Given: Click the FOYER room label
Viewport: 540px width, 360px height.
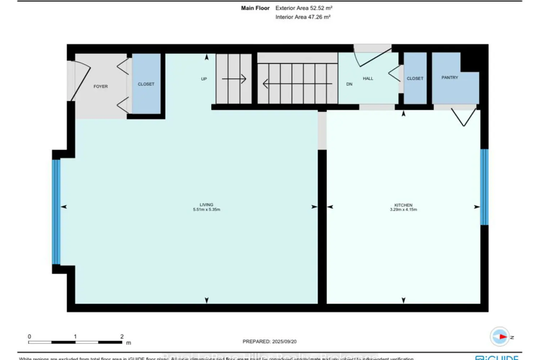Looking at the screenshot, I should pyautogui.click(x=100, y=86).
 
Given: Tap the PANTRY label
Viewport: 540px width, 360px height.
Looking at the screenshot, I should pyautogui.click(x=450, y=77).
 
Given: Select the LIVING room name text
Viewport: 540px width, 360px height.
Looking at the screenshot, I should pyautogui.click(x=206, y=204).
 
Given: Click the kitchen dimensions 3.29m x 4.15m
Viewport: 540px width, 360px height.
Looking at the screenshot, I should pyautogui.click(x=403, y=210).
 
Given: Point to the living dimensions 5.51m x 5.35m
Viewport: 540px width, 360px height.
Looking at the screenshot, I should pyautogui.click(x=206, y=210).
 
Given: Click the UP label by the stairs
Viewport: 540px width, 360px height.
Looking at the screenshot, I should pyautogui.click(x=204, y=79).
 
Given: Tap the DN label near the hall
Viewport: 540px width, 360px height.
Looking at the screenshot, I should pyautogui.click(x=349, y=84).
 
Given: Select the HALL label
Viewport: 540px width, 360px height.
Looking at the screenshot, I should pyautogui.click(x=368, y=78).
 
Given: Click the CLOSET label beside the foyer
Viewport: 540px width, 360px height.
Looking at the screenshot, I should pyautogui.click(x=146, y=84).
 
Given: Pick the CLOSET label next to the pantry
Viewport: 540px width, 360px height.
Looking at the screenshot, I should pyautogui.click(x=415, y=78).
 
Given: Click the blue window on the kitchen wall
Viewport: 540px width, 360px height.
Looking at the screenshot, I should pyautogui.click(x=484, y=187).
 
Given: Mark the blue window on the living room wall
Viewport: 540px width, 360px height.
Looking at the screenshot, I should pyautogui.click(x=56, y=212).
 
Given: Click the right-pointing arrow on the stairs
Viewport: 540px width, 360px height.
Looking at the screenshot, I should pyautogui.click(x=234, y=78).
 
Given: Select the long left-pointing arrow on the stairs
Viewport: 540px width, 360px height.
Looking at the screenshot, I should pyautogui.click(x=297, y=84).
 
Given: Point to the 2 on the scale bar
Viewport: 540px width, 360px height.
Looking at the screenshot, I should pyautogui.click(x=122, y=336).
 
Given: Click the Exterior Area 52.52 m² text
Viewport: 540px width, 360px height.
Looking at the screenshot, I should pyautogui.click(x=303, y=8).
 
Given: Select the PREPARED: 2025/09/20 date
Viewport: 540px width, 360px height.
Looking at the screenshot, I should pyautogui.click(x=269, y=341).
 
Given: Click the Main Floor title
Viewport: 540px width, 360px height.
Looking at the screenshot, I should pyautogui.click(x=255, y=8).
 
